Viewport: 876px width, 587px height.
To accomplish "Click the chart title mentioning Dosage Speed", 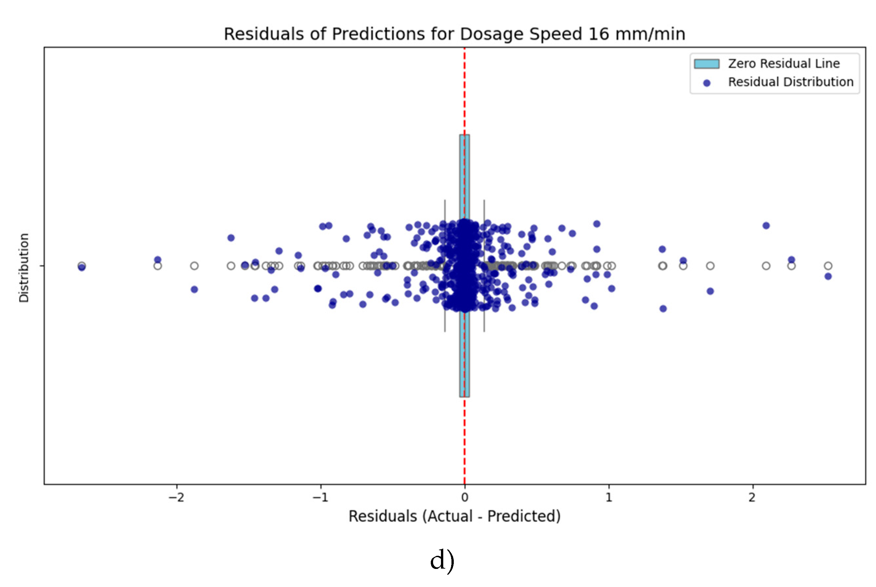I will coord(454,34).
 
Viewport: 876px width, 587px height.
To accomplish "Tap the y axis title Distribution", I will coord(24,268).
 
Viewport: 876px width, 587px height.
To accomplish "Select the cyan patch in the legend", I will coord(707,64).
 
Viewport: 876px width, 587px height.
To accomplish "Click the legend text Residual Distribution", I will coord(791,82).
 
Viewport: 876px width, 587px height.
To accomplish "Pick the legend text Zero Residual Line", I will coord(783,64).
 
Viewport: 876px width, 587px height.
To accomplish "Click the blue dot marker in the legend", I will coord(707,83).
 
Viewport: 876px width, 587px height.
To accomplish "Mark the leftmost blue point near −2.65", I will coord(81,267).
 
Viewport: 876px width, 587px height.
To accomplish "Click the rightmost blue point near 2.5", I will coord(828,276).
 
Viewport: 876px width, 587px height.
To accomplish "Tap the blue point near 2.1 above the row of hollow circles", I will coord(766,225).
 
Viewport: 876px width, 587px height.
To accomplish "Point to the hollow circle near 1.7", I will coord(710,266).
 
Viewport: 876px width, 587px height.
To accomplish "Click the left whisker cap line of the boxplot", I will coord(445,266).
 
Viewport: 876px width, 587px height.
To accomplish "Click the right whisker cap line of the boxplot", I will coord(484,266).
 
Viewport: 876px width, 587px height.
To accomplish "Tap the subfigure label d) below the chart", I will coord(442,561).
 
